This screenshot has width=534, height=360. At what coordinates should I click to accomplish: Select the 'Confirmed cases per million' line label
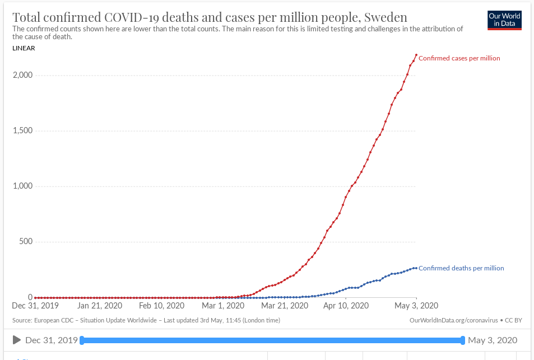pyautogui.click(x=459, y=58)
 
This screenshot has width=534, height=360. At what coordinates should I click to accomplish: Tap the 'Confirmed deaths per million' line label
pyautogui.click(x=461, y=268)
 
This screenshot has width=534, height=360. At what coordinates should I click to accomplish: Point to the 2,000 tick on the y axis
pyautogui.click(x=23, y=76)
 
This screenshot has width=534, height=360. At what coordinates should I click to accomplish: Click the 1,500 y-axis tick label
pyautogui.click(x=23, y=131)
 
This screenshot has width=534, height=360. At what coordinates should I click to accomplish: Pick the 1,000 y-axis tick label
pyautogui.click(x=23, y=186)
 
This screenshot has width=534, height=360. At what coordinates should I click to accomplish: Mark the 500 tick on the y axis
pyautogui.click(x=26, y=242)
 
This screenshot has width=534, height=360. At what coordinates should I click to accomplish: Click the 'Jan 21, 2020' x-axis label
pyautogui.click(x=99, y=306)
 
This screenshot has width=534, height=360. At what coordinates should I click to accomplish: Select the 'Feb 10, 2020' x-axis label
pyautogui.click(x=161, y=306)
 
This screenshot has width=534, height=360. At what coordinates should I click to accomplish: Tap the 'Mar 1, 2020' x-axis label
pyautogui.click(x=224, y=306)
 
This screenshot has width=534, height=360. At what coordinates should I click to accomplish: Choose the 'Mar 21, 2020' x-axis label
pyautogui.click(x=285, y=306)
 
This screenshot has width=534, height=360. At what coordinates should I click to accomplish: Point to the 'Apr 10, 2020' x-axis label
pyautogui.click(x=347, y=306)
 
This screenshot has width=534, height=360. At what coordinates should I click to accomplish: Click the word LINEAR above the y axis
pyautogui.click(x=24, y=48)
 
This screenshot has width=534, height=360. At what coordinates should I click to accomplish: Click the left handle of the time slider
pyautogui.click(x=82, y=340)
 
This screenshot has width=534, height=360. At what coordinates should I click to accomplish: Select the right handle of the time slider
pyautogui.click(x=463, y=340)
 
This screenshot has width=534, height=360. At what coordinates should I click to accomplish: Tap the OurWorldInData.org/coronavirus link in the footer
pyautogui.click(x=454, y=320)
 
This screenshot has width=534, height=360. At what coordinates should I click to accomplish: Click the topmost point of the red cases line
pyautogui.click(x=416, y=55)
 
